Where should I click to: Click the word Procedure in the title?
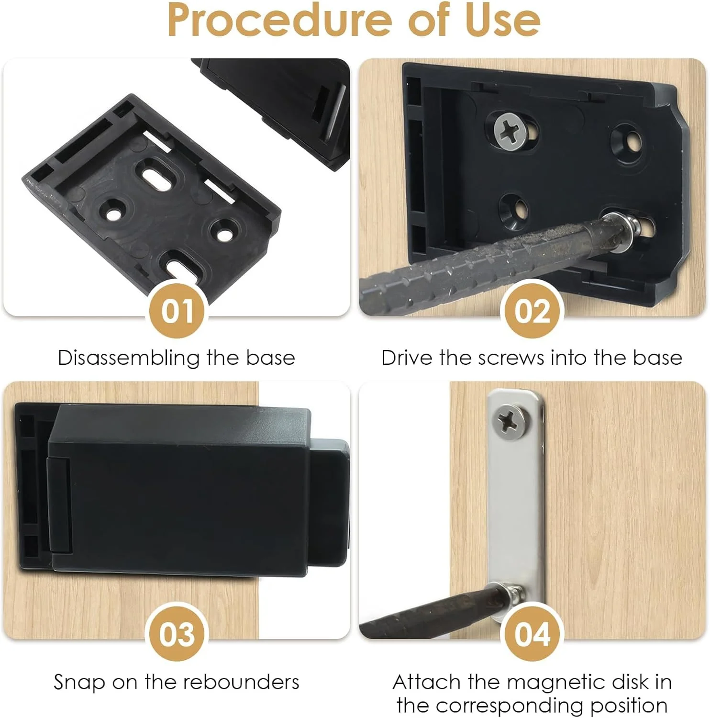point(279,20)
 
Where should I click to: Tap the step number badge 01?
point(177,310)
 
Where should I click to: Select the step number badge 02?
point(532,310)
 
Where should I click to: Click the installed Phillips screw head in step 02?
point(511,129)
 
